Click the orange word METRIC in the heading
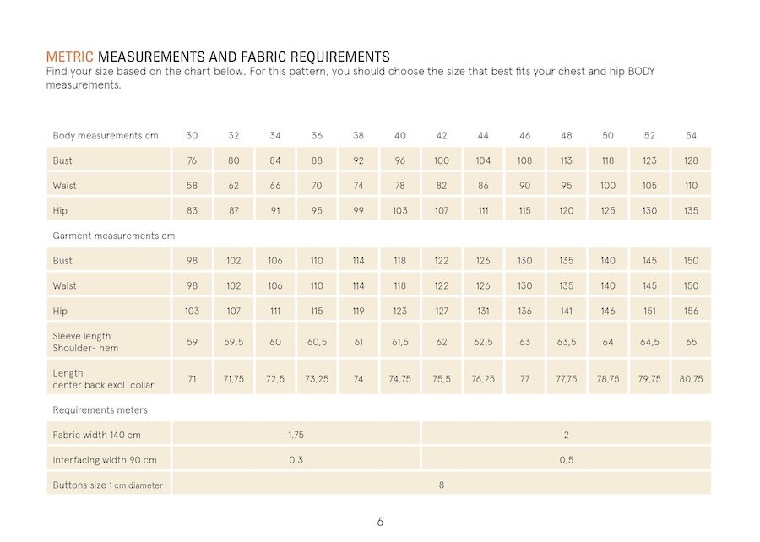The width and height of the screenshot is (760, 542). point(70,57)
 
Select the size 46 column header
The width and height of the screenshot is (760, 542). point(525,136)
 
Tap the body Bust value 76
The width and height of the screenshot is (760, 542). point(192,160)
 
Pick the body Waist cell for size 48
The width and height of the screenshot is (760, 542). point(566,186)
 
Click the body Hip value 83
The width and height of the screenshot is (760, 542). point(192,211)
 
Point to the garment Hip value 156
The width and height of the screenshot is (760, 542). point(691,311)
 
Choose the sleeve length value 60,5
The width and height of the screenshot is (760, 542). point(317,342)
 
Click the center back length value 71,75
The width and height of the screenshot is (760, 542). point(233,379)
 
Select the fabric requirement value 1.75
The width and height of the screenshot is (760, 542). point(296,435)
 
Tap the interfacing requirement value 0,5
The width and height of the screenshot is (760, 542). point(566,460)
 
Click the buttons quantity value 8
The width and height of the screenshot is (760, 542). point(441,485)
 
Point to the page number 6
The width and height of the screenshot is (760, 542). point(380,522)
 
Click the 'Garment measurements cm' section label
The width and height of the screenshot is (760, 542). point(114,236)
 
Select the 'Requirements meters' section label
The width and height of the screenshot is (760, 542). point(100,410)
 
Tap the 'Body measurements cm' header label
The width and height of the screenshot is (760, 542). point(106,136)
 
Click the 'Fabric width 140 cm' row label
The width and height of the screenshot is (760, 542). point(96,435)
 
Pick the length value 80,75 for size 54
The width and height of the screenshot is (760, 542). point(691,379)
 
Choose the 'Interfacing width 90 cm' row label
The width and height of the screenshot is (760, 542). point(105,460)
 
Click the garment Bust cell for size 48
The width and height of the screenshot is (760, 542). point(566,261)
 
